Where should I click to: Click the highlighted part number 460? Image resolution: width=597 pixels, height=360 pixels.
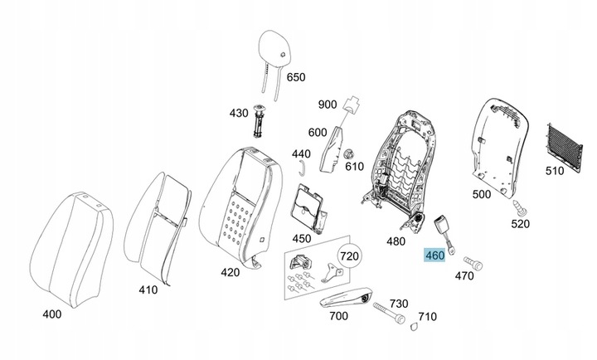pyautogui.click(x=434, y=255)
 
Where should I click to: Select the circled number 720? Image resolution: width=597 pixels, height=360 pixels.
pyautogui.click(x=349, y=256)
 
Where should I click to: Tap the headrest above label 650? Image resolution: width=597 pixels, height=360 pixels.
pyautogui.click(x=274, y=46)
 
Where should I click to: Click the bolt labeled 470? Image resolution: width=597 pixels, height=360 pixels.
pyautogui.click(x=473, y=263)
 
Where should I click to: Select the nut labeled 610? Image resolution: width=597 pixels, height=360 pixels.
pyautogui.click(x=348, y=155)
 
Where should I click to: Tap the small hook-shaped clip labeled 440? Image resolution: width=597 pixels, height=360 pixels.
pyautogui.click(x=301, y=168)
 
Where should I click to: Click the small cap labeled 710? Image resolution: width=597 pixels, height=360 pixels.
pyautogui.click(x=415, y=326)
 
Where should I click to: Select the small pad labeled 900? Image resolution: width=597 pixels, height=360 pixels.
pyautogui.click(x=353, y=104)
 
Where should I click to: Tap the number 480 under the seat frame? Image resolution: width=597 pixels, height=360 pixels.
pyautogui.click(x=396, y=241)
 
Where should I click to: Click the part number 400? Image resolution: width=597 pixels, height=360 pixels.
pyautogui.click(x=52, y=314)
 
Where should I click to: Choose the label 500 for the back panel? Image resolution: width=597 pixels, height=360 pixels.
pyautogui.click(x=482, y=194)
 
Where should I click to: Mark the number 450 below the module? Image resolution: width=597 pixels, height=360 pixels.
pyautogui.click(x=302, y=239)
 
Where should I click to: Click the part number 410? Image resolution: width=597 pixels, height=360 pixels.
pyautogui.click(x=148, y=290)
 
